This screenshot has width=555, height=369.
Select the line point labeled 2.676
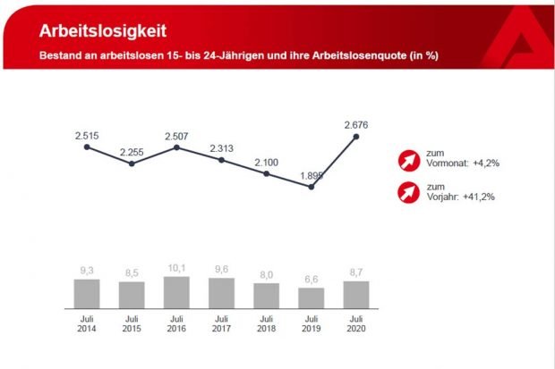pos(356,137)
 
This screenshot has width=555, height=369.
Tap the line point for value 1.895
pos(312,188)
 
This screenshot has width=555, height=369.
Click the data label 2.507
pos(176,135)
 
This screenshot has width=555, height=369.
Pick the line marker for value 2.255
pos(132,164)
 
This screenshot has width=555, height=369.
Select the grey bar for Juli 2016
pos(176,292)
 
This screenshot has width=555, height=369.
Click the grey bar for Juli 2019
pos(312,298)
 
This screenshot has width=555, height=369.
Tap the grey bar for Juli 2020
pos(356,294)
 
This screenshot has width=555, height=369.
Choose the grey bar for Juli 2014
pos(87,293)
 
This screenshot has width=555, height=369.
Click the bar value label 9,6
pos(221,268)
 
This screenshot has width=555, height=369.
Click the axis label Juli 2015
pos(132,324)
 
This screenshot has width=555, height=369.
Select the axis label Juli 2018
pos(266,324)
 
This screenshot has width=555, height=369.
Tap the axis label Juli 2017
pos(221,324)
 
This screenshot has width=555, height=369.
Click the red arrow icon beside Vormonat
pos(408,162)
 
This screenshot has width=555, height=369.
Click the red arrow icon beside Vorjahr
pos(408,191)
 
